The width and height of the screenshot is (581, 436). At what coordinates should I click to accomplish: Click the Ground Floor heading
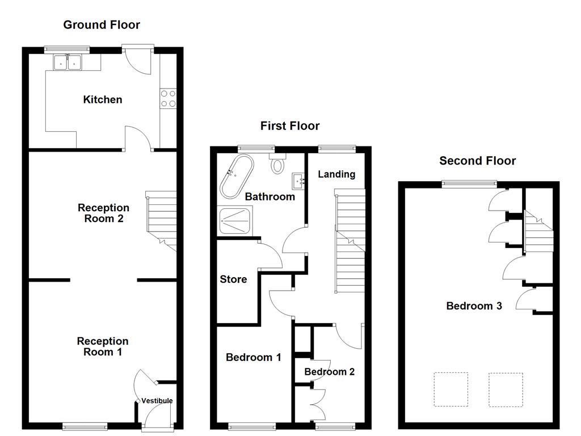[101, 24]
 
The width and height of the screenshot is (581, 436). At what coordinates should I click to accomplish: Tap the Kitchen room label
[103, 100]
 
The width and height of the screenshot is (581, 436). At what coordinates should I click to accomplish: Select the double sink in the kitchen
[68, 62]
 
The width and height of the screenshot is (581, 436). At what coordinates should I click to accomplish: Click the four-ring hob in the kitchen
[168, 98]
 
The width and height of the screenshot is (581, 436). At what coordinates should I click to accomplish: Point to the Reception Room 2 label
[103, 213]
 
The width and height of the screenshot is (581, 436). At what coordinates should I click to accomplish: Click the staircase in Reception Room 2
[162, 219]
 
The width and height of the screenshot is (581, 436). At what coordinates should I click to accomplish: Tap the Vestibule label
[157, 401]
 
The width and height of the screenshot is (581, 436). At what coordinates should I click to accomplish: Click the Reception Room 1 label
[103, 346]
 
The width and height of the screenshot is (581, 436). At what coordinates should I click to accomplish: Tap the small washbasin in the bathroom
[298, 181]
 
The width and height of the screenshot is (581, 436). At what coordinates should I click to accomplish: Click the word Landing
[336, 174]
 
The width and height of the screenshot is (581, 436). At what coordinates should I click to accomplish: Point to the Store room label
[233, 279]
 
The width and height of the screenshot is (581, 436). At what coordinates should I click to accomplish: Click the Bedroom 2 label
[330, 372]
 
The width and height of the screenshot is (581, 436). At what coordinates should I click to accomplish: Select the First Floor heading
[290, 126]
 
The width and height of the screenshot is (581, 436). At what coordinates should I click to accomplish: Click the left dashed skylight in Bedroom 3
[451, 389]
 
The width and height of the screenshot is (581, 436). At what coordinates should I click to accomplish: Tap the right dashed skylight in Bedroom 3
[506, 389]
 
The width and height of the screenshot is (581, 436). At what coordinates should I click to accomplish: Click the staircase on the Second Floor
[537, 230]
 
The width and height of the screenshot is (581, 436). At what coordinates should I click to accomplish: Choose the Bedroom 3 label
[474, 306]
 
